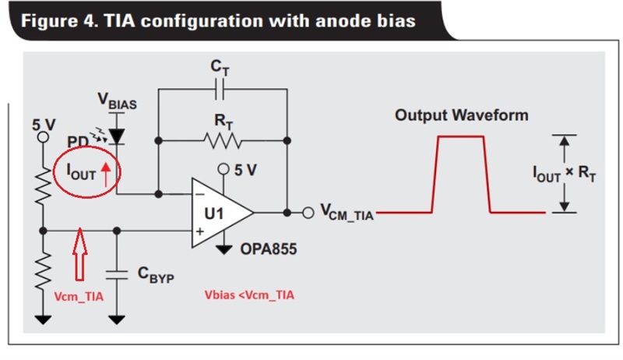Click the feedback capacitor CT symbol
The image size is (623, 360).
[220, 89]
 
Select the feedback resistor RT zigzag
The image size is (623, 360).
[223, 141]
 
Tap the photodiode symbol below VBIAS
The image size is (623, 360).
[116, 136]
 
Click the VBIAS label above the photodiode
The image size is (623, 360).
[118, 101]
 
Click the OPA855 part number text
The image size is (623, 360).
[269, 249]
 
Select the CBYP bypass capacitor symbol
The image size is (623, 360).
[116, 275]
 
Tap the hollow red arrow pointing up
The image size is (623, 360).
[80, 254]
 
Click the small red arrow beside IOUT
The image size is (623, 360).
[106, 175]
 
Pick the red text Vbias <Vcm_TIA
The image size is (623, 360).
[249, 295]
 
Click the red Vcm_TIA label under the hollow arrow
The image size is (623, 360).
[79, 297]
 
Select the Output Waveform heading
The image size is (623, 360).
[462, 115]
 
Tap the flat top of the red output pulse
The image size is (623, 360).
[461, 136]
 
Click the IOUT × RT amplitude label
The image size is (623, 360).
[564, 173]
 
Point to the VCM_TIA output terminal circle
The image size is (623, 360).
[308, 213]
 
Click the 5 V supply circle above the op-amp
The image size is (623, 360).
[224, 169]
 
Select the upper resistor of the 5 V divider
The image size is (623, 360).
[44, 185]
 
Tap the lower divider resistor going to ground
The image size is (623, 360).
[44, 272]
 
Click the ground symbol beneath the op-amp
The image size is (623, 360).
[224, 250]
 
